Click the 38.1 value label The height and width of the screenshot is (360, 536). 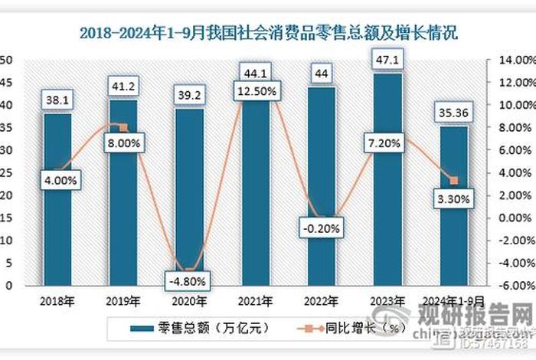pyautogui.click(x=57, y=100)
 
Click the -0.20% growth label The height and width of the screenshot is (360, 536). pyautogui.click(x=320, y=227)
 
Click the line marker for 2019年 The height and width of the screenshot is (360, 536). pyautogui.click(x=123, y=127)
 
